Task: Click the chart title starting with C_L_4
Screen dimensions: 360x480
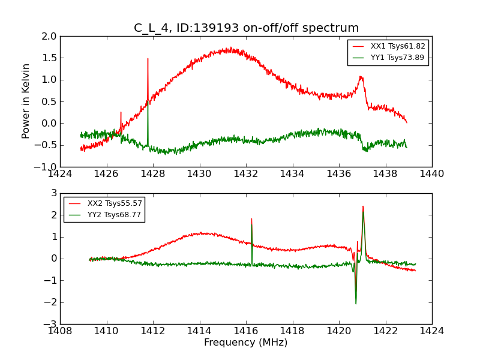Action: tap(246, 28)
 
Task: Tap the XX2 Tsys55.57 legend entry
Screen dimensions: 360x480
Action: tap(114, 203)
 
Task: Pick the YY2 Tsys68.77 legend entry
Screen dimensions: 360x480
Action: tap(114, 215)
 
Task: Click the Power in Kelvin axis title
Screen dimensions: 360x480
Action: tap(26, 101)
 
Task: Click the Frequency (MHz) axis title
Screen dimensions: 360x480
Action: tap(245, 343)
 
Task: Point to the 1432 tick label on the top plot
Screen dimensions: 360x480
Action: tap(245, 174)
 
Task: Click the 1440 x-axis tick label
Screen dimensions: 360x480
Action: tap(431, 174)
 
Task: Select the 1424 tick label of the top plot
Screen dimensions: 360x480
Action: tap(60, 174)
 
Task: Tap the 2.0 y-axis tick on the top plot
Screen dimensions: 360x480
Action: tap(49, 37)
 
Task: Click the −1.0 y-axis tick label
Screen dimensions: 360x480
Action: tap(47, 167)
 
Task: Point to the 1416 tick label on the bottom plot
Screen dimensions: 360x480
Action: tap(245, 331)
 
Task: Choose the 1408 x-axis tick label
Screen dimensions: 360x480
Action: tap(60, 331)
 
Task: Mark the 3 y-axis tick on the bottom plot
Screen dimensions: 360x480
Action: tap(53, 194)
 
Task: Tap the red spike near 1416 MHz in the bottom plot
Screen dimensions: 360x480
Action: tap(251, 220)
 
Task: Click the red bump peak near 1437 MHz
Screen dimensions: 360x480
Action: tap(361, 77)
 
